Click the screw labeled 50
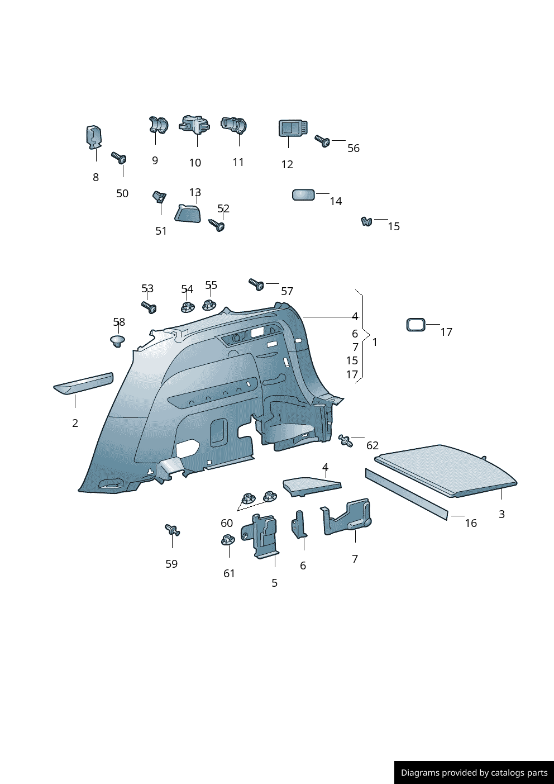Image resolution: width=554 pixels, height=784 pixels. pyautogui.click(x=119, y=158)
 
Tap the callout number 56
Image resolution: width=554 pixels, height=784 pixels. pyautogui.click(x=353, y=148)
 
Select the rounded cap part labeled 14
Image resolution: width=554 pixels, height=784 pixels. pyautogui.click(x=303, y=194)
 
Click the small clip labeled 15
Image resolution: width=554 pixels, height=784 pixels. pyautogui.click(x=366, y=222)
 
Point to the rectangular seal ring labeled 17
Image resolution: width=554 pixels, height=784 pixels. pyautogui.click(x=415, y=325)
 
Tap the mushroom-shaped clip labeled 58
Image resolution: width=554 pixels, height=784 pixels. pyautogui.click(x=117, y=340)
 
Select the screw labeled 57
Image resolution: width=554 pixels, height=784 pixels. pyautogui.click(x=256, y=284)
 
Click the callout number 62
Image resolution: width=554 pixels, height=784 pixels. pyautogui.click(x=372, y=445)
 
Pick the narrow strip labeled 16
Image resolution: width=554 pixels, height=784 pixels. pyautogui.click(x=406, y=494)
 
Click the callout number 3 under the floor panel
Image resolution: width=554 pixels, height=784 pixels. pyautogui.click(x=502, y=514)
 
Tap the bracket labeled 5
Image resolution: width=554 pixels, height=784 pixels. pyautogui.click(x=262, y=535)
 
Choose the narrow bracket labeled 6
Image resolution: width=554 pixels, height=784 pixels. pyautogui.click(x=299, y=525)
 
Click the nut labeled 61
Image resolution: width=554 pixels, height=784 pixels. pyautogui.click(x=228, y=540)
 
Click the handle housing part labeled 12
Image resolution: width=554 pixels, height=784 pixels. pyautogui.click(x=292, y=129)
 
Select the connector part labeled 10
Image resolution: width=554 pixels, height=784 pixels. pyautogui.click(x=195, y=125)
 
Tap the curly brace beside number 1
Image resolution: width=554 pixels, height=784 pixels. pyautogui.click(x=364, y=336)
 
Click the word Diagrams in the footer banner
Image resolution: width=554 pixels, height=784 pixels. pyautogui.click(x=419, y=773)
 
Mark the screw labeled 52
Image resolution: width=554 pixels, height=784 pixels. pyautogui.click(x=217, y=225)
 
